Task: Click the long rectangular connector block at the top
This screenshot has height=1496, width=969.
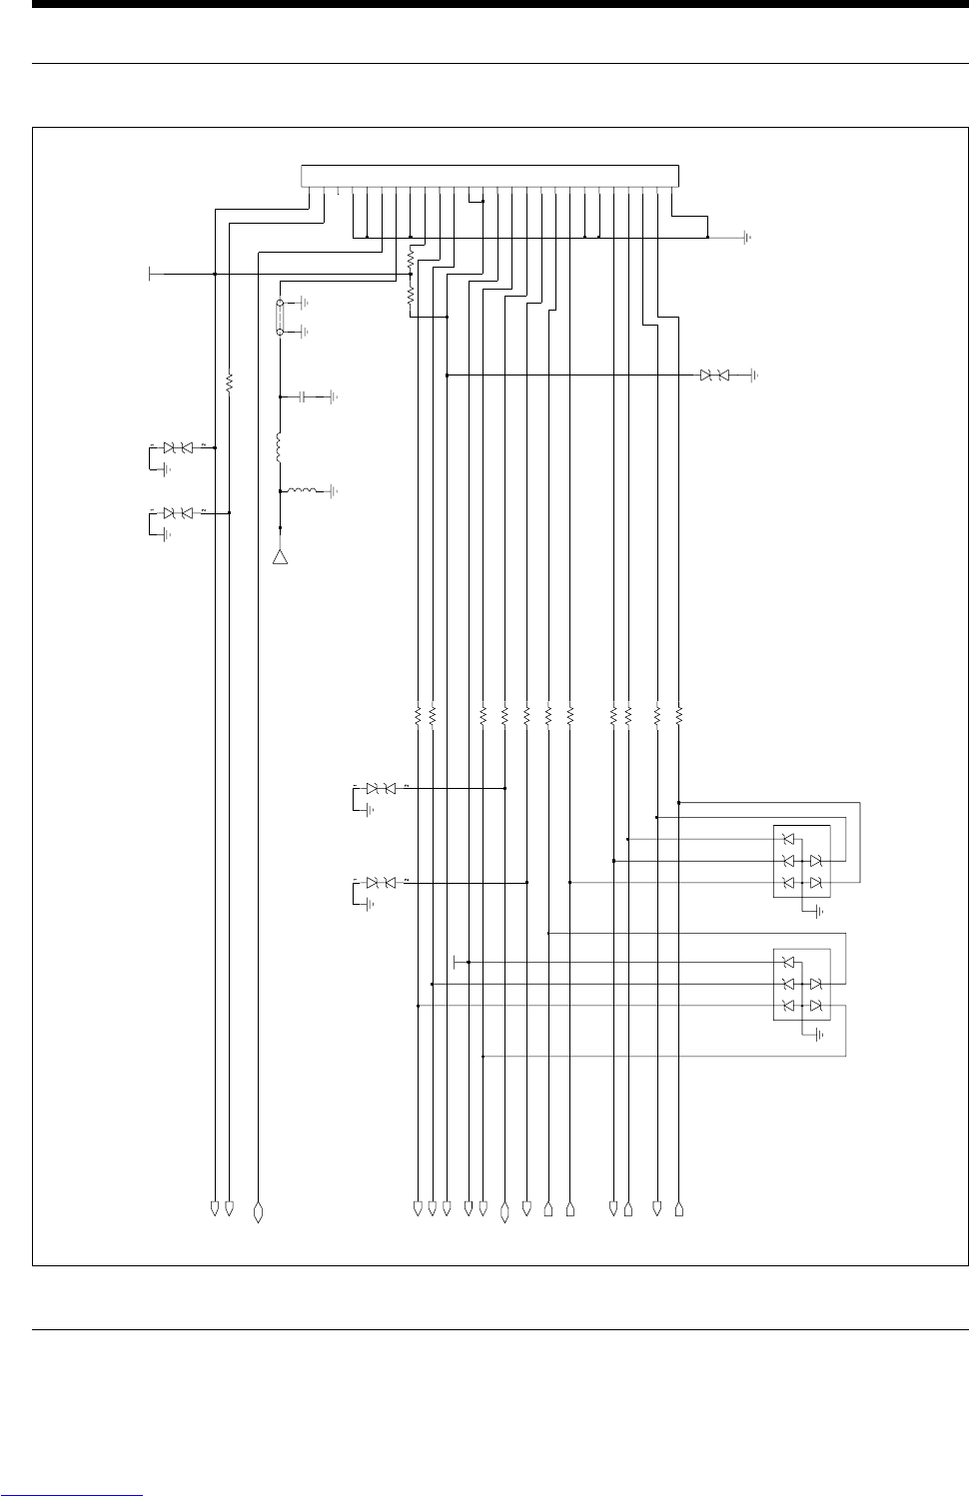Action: point(489,176)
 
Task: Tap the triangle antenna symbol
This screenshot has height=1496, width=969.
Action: point(281,556)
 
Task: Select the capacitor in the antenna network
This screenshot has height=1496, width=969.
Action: point(301,396)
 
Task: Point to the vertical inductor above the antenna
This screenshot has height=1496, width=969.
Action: point(281,448)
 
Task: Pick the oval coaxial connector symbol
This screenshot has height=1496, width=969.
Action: point(281,317)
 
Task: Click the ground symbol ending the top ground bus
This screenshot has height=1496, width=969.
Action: point(746,239)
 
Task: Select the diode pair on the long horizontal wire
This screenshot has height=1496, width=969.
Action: point(714,375)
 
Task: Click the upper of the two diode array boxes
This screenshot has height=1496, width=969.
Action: point(802,861)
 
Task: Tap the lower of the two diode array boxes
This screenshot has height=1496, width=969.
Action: point(802,984)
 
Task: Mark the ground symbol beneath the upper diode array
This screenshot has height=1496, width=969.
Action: point(818,911)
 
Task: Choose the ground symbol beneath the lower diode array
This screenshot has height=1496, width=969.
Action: point(818,1035)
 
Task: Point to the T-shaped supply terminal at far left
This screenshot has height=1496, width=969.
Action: point(150,274)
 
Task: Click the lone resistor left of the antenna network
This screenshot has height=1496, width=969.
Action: point(230,381)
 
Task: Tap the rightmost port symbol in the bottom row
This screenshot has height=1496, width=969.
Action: point(678,1210)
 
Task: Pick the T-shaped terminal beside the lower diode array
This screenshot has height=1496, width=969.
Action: point(456,962)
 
